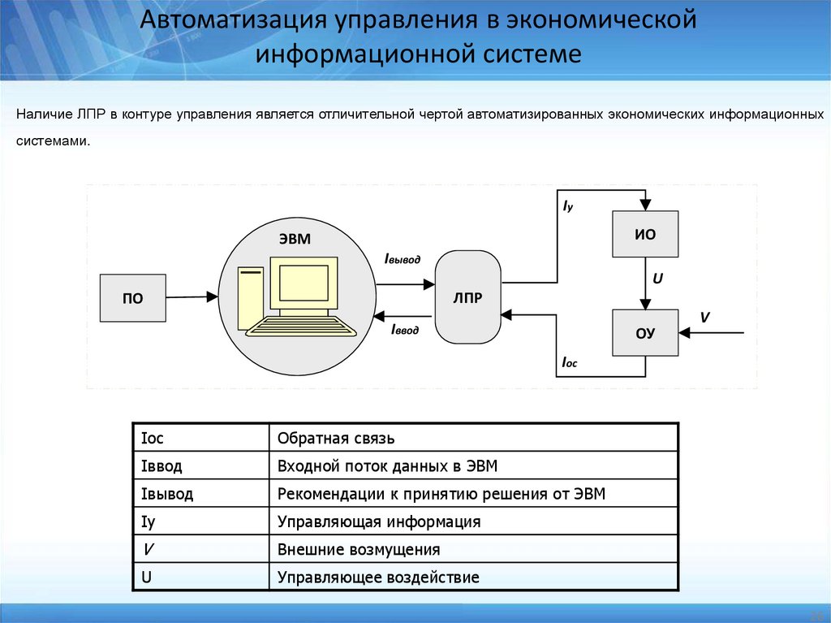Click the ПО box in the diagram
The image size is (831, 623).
pyautogui.click(x=132, y=298)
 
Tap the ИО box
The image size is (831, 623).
pyautogui.click(x=645, y=235)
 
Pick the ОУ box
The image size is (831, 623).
pyautogui.click(x=645, y=332)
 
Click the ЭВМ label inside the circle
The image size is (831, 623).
pyautogui.click(x=295, y=238)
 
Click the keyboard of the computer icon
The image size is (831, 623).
pyautogui.click(x=302, y=327)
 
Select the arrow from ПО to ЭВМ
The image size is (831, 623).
pyautogui.click(x=192, y=297)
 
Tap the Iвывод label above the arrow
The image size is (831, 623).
pyautogui.click(x=403, y=258)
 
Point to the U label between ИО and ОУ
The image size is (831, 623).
pyautogui.click(x=658, y=278)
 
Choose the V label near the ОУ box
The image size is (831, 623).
pyautogui.click(x=704, y=316)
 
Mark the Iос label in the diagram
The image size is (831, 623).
pyautogui.click(x=569, y=363)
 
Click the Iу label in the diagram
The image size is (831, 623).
pyautogui.click(x=568, y=206)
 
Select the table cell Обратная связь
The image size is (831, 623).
pyautogui.click(x=336, y=439)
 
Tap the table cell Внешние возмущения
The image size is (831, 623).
pyautogui.click(x=359, y=549)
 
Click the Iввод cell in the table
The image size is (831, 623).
pyautogui.click(x=161, y=466)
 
